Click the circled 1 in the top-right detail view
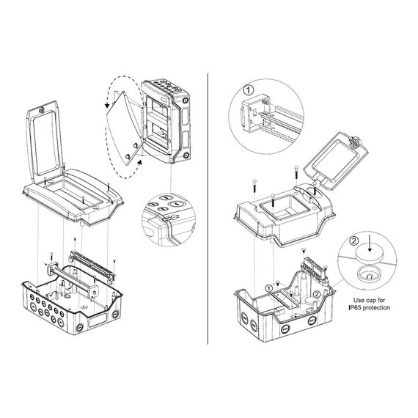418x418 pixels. pos(248,92)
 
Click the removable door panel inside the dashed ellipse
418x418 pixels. pos(122,125)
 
